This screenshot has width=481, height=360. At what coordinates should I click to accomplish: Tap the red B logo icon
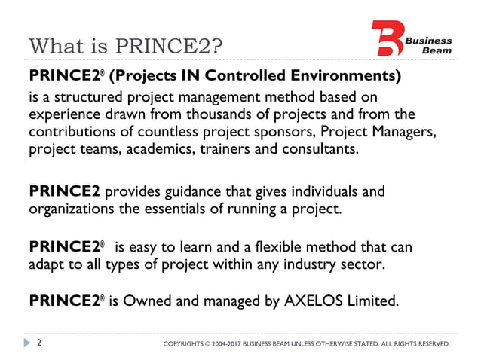(388, 38)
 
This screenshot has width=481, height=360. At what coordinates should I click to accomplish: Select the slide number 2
(40, 343)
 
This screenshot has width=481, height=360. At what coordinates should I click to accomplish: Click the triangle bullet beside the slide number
(27, 343)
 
